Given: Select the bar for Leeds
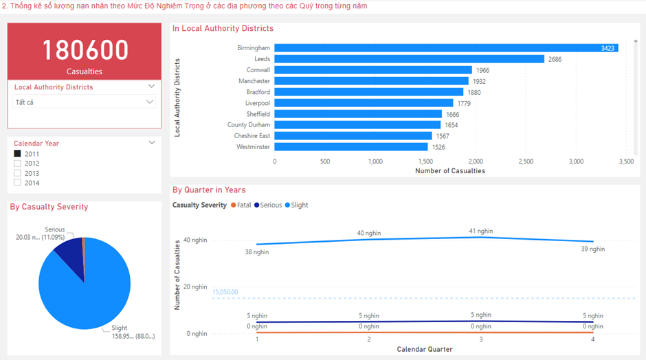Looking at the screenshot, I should (409, 59).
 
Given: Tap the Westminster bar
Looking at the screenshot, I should (350, 147).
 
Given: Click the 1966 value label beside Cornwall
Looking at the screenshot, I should (483, 70).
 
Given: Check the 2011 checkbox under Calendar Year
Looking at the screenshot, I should (18, 154).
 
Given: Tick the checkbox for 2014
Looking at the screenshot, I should (18, 183).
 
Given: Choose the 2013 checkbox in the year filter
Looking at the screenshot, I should (18, 173).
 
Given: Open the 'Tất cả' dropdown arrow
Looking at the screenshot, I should (150, 102).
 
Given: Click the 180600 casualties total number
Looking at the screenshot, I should (85, 50).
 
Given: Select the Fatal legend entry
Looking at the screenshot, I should (241, 205).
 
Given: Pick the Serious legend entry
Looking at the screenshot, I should (267, 205).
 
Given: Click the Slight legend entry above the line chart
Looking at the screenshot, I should (296, 205).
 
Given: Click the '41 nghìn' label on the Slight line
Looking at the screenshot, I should (480, 232).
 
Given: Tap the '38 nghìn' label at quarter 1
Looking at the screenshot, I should (257, 252).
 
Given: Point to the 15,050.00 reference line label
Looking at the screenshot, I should (225, 292).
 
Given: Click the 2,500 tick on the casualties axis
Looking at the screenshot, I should (525, 161).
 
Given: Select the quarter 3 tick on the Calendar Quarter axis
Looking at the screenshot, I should (480, 339).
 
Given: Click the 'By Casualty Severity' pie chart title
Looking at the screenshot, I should (49, 207).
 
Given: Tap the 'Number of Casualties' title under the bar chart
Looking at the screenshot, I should (449, 170).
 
